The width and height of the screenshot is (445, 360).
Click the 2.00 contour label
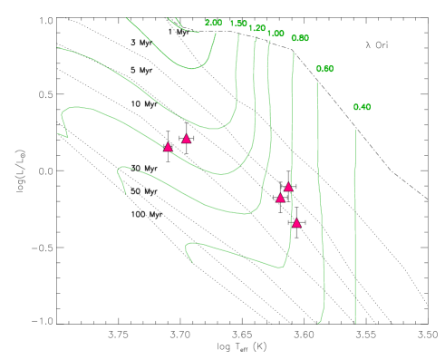(214, 23)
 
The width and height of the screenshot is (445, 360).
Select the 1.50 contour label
(238, 24)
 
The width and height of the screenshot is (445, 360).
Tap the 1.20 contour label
(256, 28)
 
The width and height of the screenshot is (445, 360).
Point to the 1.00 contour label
(276, 34)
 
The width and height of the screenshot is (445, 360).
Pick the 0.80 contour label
(300, 38)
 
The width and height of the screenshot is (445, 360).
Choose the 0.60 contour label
(324, 69)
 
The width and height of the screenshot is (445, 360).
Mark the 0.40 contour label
(362, 107)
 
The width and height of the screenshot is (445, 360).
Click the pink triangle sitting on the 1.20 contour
(168, 147)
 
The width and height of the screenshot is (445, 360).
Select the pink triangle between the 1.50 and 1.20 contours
(187, 139)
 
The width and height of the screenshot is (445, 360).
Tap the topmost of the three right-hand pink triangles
(288, 187)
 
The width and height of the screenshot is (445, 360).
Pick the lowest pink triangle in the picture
(296, 223)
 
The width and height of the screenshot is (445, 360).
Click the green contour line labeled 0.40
(355, 227)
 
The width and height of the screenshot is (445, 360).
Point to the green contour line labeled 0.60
(322, 181)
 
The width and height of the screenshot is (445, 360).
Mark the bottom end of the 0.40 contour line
(355, 322)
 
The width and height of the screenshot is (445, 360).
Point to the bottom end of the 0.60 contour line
(319, 322)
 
